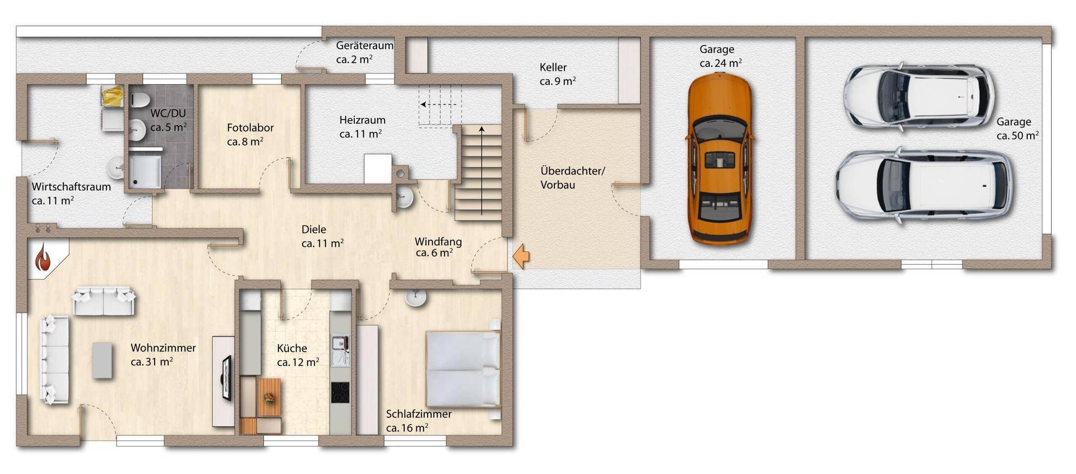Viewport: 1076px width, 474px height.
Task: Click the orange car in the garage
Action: tap(720, 160)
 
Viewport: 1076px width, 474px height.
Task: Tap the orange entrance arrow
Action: tap(521, 256)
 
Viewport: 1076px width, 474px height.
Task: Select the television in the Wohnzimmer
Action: tap(226, 378)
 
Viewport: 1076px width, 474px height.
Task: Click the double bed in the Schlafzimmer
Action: tap(463, 369)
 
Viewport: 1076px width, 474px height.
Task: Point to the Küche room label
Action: tap(298, 355)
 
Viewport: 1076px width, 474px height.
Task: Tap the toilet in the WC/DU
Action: tap(140, 100)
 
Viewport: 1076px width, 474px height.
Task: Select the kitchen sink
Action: tap(340, 350)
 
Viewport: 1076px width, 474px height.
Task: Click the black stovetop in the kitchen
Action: tap(340, 392)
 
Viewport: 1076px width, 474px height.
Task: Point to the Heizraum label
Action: tap(361, 127)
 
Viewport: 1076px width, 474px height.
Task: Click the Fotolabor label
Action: tap(250, 135)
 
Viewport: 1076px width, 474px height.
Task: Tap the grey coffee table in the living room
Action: tap(103, 360)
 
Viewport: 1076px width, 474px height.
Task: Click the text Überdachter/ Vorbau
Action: tap(572, 178)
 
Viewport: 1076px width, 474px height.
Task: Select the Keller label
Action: tap(558, 74)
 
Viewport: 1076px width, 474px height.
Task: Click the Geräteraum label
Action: tap(364, 52)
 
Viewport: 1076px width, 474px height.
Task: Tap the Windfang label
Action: tap(438, 247)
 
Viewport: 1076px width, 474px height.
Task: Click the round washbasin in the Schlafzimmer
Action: tap(416, 298)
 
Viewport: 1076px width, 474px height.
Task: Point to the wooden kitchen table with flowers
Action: tap(270, 397)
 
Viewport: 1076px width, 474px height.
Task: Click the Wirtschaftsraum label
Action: tap(71, 194)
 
